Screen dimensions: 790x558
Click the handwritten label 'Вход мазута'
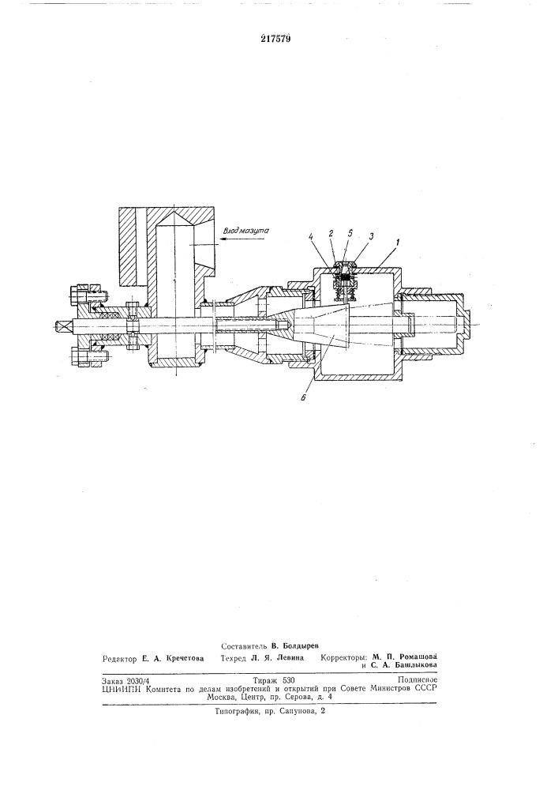[248, 230]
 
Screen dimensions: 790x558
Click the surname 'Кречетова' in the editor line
[179, 657]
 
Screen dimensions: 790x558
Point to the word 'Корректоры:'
[346, 657]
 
